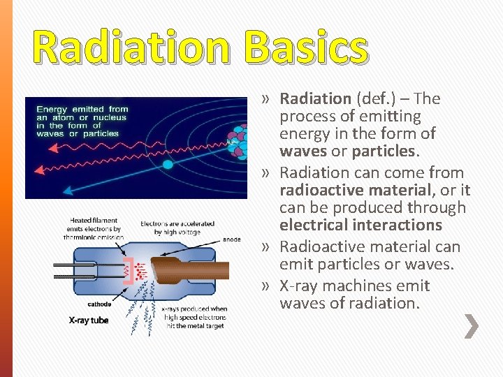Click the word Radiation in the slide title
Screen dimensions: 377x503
(133, 48)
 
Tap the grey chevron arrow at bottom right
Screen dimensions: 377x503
(472, 326)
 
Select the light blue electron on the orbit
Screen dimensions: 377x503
(168, 165)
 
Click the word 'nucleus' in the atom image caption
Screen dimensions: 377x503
(108, 117)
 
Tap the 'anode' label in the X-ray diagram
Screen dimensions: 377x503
(232, 239)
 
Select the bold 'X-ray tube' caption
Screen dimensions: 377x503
(89, 320)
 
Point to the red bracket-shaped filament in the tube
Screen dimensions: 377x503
(127, 271)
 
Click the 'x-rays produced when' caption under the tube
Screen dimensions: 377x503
(194, 309)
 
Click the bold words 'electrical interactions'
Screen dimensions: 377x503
(360, 225)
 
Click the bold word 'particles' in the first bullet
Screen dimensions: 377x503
(384, 151)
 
